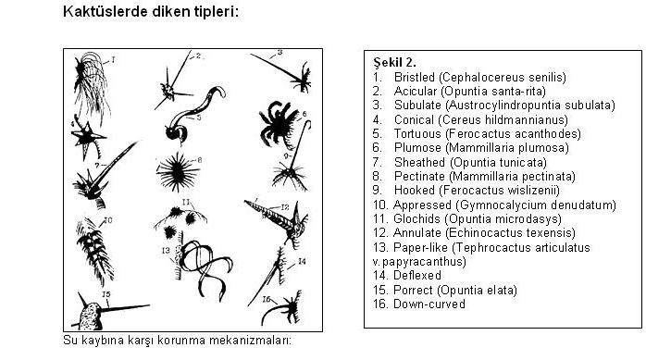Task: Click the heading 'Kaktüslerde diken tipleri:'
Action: pos(151,11)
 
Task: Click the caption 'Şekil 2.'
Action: pos(394,62)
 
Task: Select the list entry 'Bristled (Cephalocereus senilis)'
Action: pos(480,77)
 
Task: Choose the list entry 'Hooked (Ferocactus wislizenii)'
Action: pos(477,191)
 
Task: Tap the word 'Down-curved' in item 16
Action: pos(429,304)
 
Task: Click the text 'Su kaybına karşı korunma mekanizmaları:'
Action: pos(177,341)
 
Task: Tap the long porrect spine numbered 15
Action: pos(124,307)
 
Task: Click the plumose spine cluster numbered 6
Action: pos(279,124)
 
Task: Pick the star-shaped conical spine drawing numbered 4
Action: pos(87,138)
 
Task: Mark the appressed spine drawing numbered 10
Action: pos(94,250)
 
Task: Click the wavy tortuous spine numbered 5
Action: pos(193,116)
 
